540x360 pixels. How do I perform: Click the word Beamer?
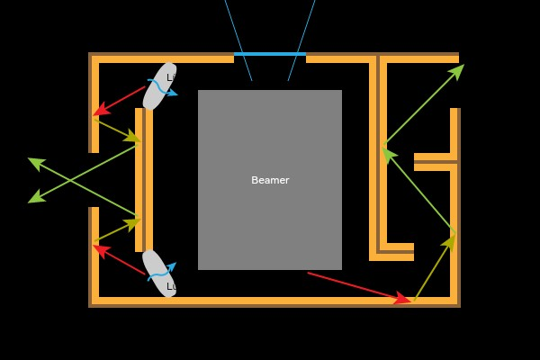point(270,180)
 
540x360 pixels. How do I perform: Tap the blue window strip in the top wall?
point(270,54)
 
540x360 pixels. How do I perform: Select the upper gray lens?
point(158,86)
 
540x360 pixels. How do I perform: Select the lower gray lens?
point(158,273)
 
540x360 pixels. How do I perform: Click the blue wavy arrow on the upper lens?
point(163,88)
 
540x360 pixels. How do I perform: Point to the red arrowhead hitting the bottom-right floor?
point(403,299)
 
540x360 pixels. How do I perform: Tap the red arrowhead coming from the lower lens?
point(101,249)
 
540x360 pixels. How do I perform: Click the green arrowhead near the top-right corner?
point(456,71)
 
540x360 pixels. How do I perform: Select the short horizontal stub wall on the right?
point(435,162)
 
